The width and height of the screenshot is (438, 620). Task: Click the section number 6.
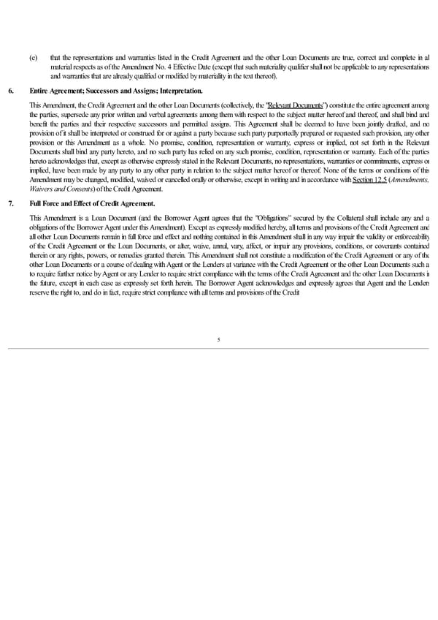pyautogui.click(x=9, y=90)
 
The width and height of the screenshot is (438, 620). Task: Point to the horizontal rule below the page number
pyautogui.click(x=218, y=349)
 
